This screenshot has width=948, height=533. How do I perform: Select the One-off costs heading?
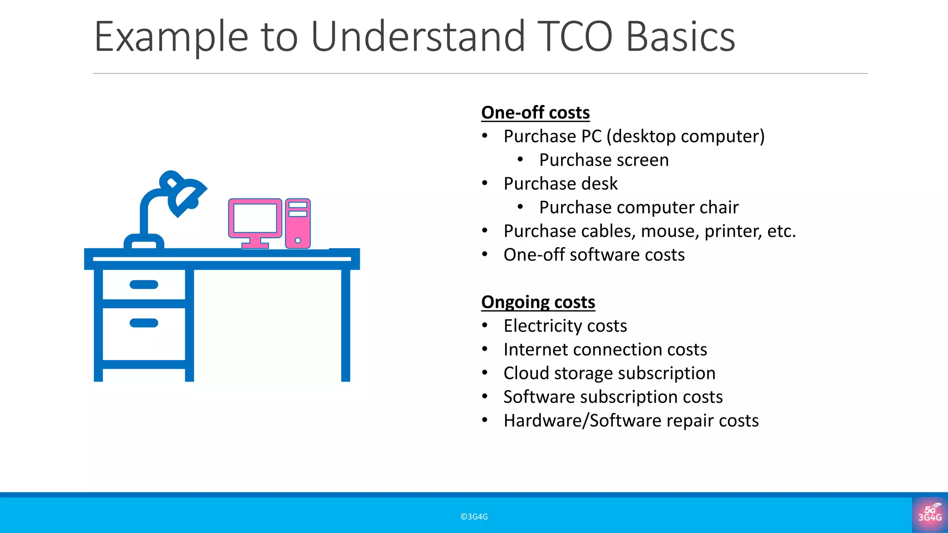(x=535, y=112)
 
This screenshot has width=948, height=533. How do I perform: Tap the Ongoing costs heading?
(x=538, y=302)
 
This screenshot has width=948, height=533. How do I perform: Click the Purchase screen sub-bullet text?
(x=604, y=160)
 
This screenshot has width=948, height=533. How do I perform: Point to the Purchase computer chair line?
(x=638, y=207)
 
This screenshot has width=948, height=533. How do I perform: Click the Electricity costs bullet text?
(x=565, y=326)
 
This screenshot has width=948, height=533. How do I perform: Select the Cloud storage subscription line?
(x=609, y=373)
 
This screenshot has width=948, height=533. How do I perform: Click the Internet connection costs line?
(x=605, y=350)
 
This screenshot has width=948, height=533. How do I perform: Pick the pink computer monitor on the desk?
(x=255, y=219)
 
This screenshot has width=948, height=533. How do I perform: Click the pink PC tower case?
(x=298, y=223)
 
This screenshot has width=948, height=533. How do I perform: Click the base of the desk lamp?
(x=144, y=242)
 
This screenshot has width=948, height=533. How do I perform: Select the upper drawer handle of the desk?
(x=144, y=285)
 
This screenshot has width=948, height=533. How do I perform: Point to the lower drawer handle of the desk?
(x=144, y=323)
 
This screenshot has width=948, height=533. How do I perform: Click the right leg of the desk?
(x=345, y=324)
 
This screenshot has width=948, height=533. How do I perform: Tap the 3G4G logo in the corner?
(x=929, y=514)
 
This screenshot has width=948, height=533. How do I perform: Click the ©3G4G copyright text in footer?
(x=474, y=517)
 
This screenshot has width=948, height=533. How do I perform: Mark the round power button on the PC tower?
(x=298, y=240)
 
